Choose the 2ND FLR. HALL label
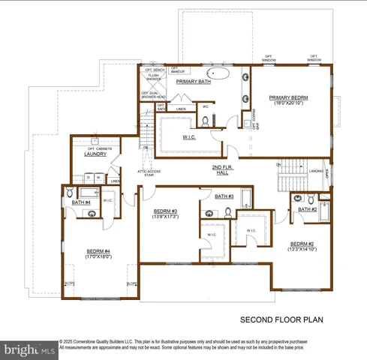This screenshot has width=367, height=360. pos(224,170)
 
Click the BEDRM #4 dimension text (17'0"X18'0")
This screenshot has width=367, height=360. pos(98,256)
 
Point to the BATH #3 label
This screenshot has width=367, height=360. pos(224,196)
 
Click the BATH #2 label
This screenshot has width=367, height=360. pos(308,210)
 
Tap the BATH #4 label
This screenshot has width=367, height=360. pos(81,202)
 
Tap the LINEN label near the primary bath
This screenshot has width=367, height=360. pos(181,109)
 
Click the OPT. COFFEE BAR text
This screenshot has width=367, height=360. pos(253,117)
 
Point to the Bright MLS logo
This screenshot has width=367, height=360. pos(29,349)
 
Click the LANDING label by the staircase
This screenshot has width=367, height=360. pos(316,170)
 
